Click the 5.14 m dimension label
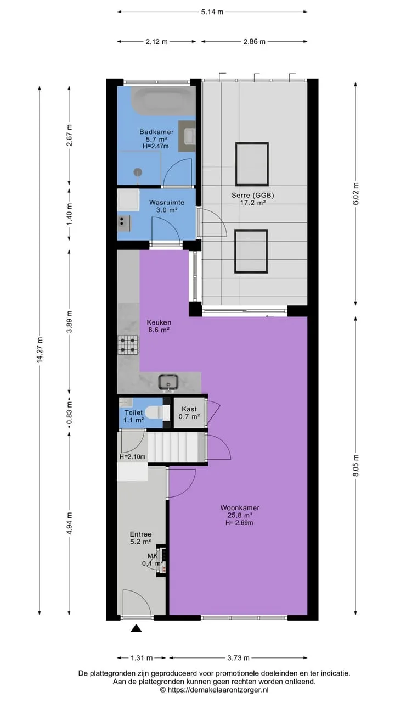(212, 12)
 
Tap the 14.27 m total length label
(39, 350)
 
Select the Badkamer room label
(156, 132)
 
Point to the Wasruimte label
(167, 203)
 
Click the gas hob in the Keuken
(128, 344)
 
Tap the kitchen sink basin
(168, 382)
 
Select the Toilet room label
(133, 412)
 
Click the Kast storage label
(189, 409)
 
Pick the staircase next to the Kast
(176, 447)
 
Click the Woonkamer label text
(240, 507)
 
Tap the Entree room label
(141, 534)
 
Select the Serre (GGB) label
(253, 195)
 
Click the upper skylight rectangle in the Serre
(252, 164)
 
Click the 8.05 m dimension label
(356, 465)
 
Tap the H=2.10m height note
(132, 456)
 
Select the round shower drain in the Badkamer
(138, 172)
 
